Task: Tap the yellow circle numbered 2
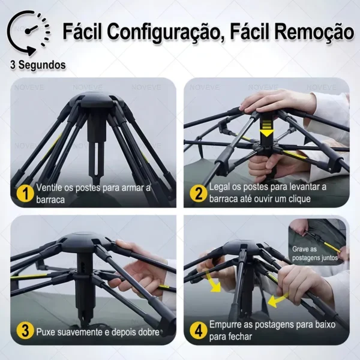point(197,193)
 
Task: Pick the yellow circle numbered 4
point(197,331)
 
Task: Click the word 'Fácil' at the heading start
point(87,31)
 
